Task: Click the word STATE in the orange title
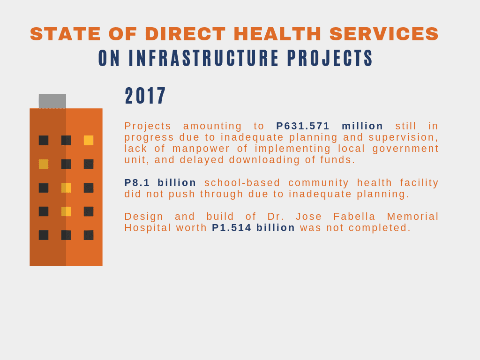tap(65, 34)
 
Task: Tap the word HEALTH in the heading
tap(277, 34)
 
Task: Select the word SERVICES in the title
tap(384, 34)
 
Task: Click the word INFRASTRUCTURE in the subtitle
tap(203, 58)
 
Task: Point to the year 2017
tap(145, 96)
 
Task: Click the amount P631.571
tap(303, 126)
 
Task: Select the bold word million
tap(362, 126)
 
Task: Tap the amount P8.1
tap(137, 182)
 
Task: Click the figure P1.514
tap(232, 227)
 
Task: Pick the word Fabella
tap(354, 217)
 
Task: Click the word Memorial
tap(412, 217)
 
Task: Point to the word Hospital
tap(148, 227)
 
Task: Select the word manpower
tap(201, 149)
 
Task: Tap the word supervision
tap(404, 137)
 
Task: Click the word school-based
tap(242, 182)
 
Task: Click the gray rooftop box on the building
tap(52, 101)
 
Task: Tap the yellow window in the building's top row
tap(89, 140)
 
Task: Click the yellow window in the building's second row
tap(44, 164)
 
